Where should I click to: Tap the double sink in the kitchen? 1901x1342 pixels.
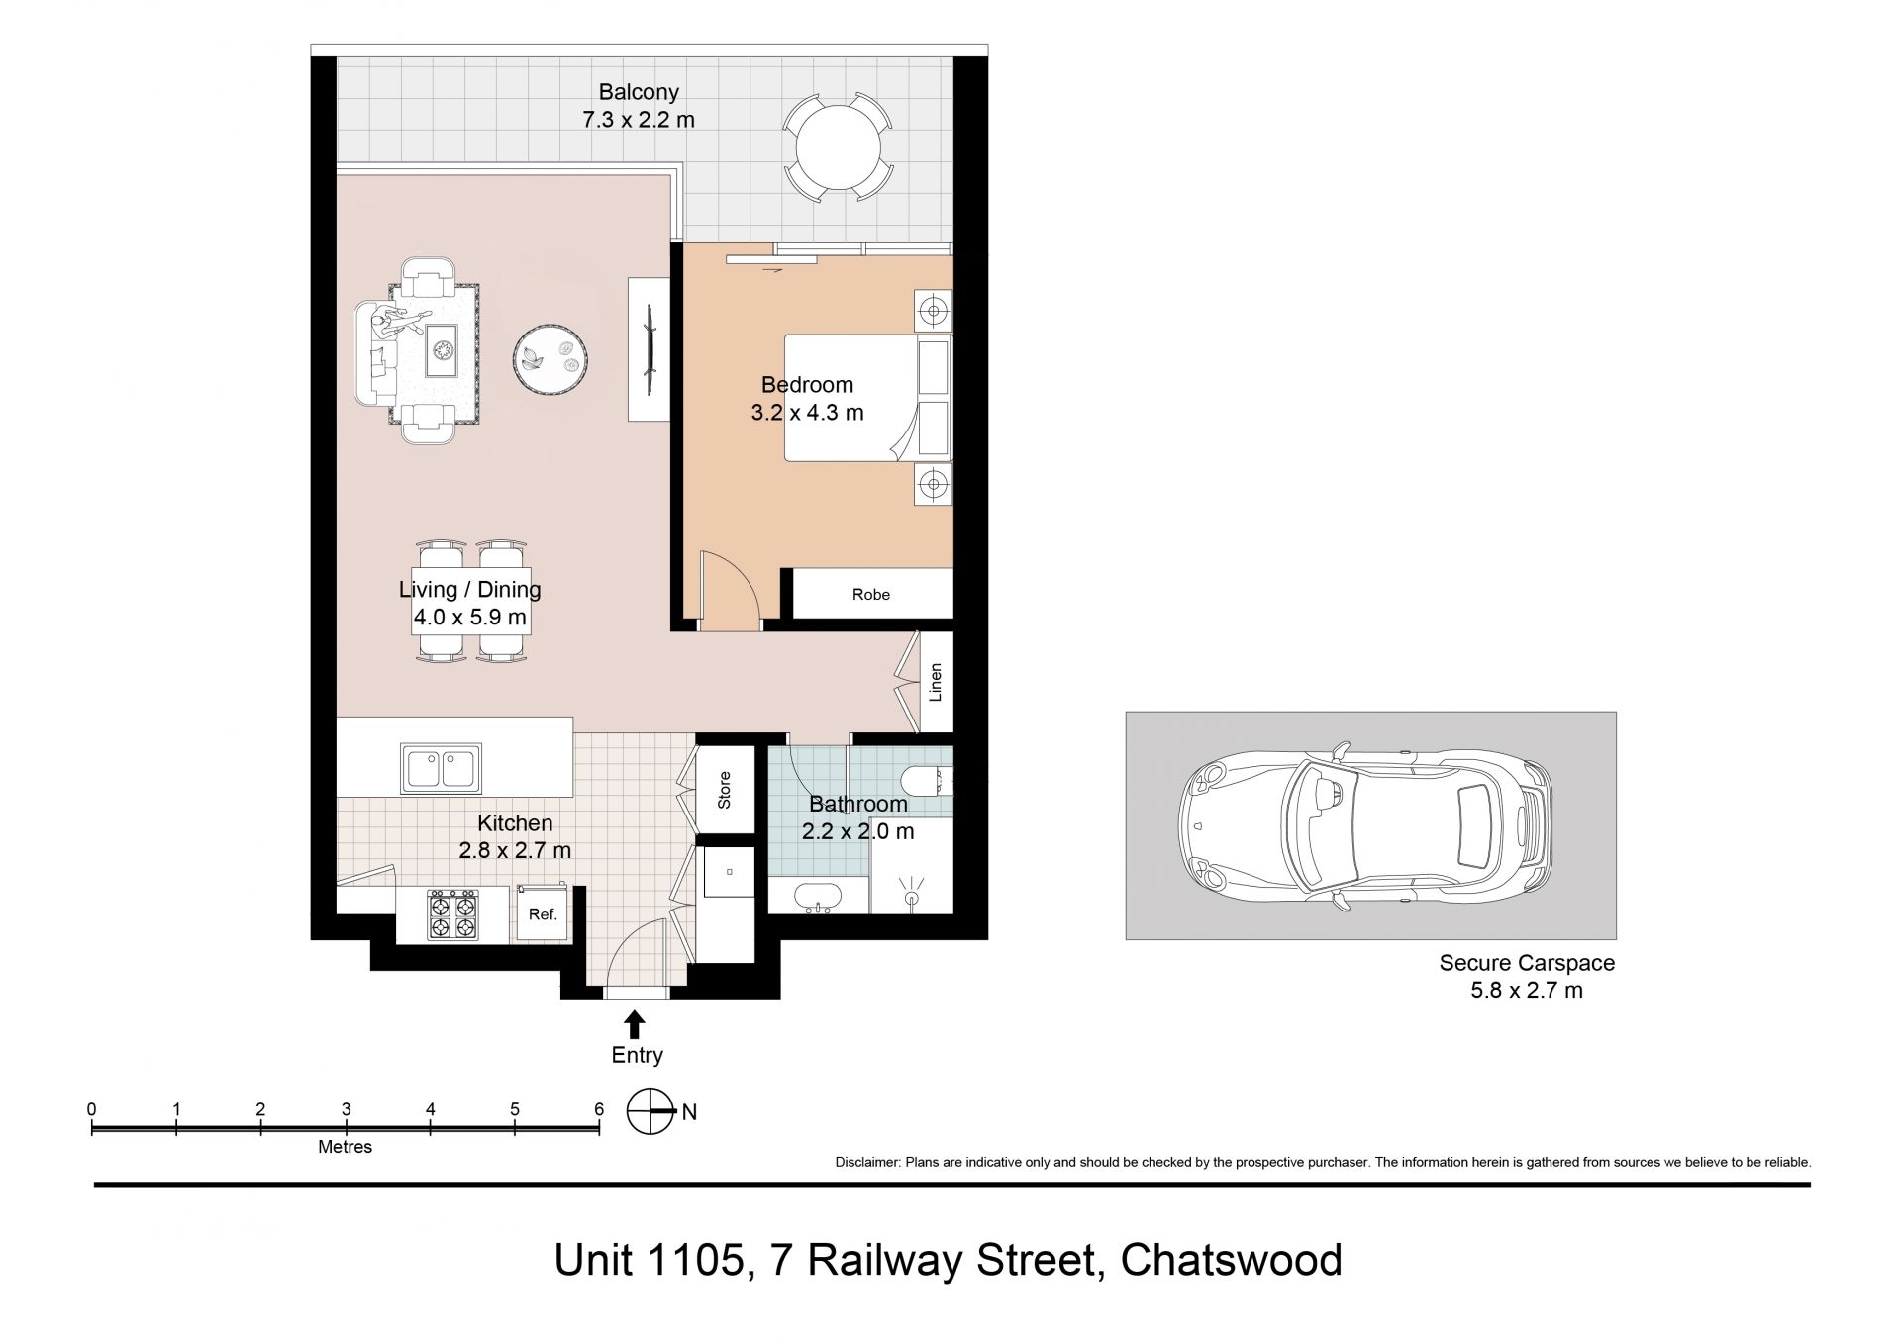441,769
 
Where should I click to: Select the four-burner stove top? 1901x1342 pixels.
452,914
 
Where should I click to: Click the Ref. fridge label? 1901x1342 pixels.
543,914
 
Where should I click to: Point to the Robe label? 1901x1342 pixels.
871,595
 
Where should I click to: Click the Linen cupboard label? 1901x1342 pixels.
936,682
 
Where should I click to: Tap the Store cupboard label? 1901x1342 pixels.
724,790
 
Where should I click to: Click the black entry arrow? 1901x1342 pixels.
635,1023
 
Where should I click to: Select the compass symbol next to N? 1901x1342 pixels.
650,1111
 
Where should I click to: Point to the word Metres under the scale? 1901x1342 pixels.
346,1147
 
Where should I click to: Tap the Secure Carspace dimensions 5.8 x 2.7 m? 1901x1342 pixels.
1527,990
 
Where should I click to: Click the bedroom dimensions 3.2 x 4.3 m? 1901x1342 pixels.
808,413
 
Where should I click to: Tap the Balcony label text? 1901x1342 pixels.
639,93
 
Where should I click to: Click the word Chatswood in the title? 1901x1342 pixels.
1232,1261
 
